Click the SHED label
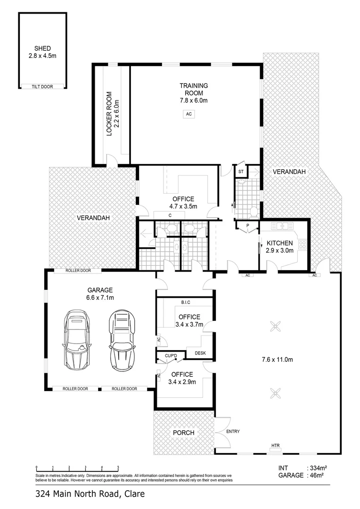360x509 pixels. [x=42, y=49]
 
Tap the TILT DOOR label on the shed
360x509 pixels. [x=42, y=87]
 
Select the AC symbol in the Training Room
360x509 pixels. [x=189, y=114]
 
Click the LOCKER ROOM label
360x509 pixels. [x=109, y=114]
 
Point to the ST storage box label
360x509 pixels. [x=241, y=172]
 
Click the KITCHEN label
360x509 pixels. [x=279, y=243]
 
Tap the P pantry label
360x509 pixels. [x=248, y=226]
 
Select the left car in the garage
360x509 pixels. [x=76, y=340]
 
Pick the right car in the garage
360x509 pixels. [x=122, y=340]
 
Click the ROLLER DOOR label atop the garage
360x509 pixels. [x=78, y=271]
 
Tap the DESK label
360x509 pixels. [x=200, y=353]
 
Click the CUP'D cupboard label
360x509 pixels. [x=171, y=356]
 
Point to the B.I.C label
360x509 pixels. [x=186, y=303]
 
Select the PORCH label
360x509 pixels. [x=184, y=433]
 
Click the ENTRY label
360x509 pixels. [x=233, y=431]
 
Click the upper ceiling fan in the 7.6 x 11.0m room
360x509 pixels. [x=276, y=326]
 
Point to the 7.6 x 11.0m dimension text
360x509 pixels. [x=277, y=359]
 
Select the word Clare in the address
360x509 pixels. [x=134, y=494]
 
